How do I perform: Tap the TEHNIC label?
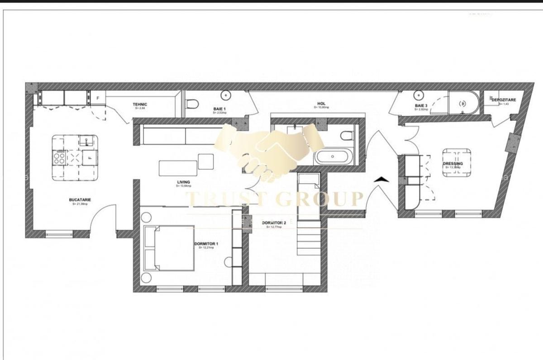pos(140,104)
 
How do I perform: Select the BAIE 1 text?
pos(220,109)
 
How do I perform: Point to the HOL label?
pos(321,104)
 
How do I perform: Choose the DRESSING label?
pos(452,163)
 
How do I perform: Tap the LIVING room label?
pos(183,182)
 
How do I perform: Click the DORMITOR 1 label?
pos(206,244)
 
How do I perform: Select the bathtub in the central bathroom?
pos(332,157)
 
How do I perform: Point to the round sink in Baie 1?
pos(225,95)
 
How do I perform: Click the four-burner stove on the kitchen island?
pos(59,157)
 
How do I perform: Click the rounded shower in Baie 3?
pos(462,104)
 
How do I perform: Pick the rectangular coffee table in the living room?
pos(178,168)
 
